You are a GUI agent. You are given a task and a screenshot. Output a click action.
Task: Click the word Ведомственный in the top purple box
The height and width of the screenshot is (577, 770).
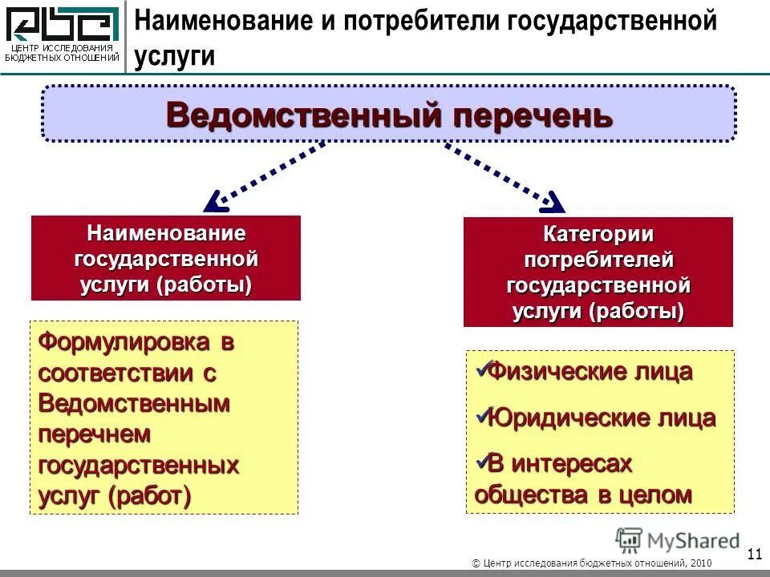(x=304, y=114)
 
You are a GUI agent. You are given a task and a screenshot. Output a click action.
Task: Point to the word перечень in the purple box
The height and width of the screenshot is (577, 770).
(x=533, y=114)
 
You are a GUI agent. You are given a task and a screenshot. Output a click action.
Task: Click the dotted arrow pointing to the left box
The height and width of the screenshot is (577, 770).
(x=265, y=175)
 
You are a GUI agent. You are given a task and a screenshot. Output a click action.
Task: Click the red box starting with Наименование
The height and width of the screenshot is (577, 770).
(x=165, y=258)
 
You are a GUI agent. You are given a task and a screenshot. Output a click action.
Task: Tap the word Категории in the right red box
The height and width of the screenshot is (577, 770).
(x=598, y=234)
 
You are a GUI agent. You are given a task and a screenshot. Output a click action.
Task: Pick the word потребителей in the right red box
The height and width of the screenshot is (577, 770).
(x=598, y=260)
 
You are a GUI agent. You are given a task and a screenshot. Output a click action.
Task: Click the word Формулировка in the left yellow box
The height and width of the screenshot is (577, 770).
(x=136, y=342)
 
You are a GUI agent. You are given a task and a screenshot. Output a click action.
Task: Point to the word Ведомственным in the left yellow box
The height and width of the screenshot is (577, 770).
(x=134, y=403)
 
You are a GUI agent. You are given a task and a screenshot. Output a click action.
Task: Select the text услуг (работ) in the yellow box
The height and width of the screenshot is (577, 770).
(x=115, y=496)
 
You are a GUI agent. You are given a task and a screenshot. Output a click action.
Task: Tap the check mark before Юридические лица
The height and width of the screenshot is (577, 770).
(x=481, y=415)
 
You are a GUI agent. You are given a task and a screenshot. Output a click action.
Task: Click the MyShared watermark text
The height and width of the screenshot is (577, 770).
(x=695, y=541)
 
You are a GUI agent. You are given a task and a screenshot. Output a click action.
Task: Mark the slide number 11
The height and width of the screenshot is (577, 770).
(x=753, y=553)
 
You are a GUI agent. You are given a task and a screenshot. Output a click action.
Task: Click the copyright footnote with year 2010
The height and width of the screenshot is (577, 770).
(x=591, y=563)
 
